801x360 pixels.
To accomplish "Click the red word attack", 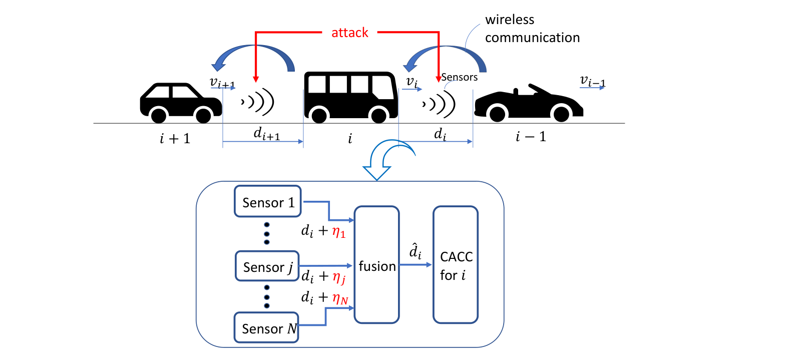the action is point(349,33).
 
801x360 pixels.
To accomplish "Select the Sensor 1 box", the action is point(267,201).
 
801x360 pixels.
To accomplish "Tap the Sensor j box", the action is point(267,266).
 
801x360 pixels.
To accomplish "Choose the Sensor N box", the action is point(266,327).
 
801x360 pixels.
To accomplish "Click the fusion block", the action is point(376,264).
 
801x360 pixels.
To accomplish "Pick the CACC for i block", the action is point(456,264).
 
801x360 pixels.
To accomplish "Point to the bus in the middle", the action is point(351,97).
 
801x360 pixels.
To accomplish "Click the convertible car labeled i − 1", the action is point(529,103).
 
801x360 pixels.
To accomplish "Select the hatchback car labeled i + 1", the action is point(181,103).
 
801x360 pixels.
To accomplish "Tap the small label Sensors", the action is point(459,77).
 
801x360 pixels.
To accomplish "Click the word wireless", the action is point(510,20).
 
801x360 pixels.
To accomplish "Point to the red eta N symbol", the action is point(340,298).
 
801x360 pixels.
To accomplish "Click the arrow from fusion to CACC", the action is point(416,265).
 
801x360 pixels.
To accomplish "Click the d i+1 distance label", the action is point(267,134).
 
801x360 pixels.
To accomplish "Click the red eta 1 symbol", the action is point(339,232).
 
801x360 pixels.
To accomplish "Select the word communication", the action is point(533,38).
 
